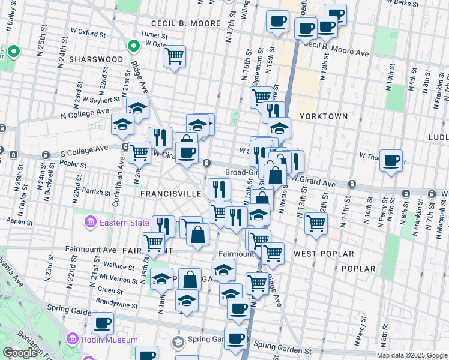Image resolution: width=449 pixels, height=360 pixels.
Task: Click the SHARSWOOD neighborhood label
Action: point(96,59)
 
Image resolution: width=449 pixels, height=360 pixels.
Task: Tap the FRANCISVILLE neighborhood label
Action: point(170,194)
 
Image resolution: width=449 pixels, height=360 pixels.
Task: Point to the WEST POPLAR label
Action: point(324,254)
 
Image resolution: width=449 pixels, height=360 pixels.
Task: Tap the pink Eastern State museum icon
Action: point(90,224)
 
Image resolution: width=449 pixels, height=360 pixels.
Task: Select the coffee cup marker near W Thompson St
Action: point(391,160)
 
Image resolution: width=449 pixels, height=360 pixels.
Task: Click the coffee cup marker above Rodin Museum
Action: point(103,323)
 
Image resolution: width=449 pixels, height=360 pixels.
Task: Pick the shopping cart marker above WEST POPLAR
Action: point(316,223)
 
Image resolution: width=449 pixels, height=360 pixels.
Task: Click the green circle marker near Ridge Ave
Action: point(134,46)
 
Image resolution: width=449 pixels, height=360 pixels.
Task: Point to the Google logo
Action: point(20,353)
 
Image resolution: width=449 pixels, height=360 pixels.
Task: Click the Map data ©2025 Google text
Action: point(412,355)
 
